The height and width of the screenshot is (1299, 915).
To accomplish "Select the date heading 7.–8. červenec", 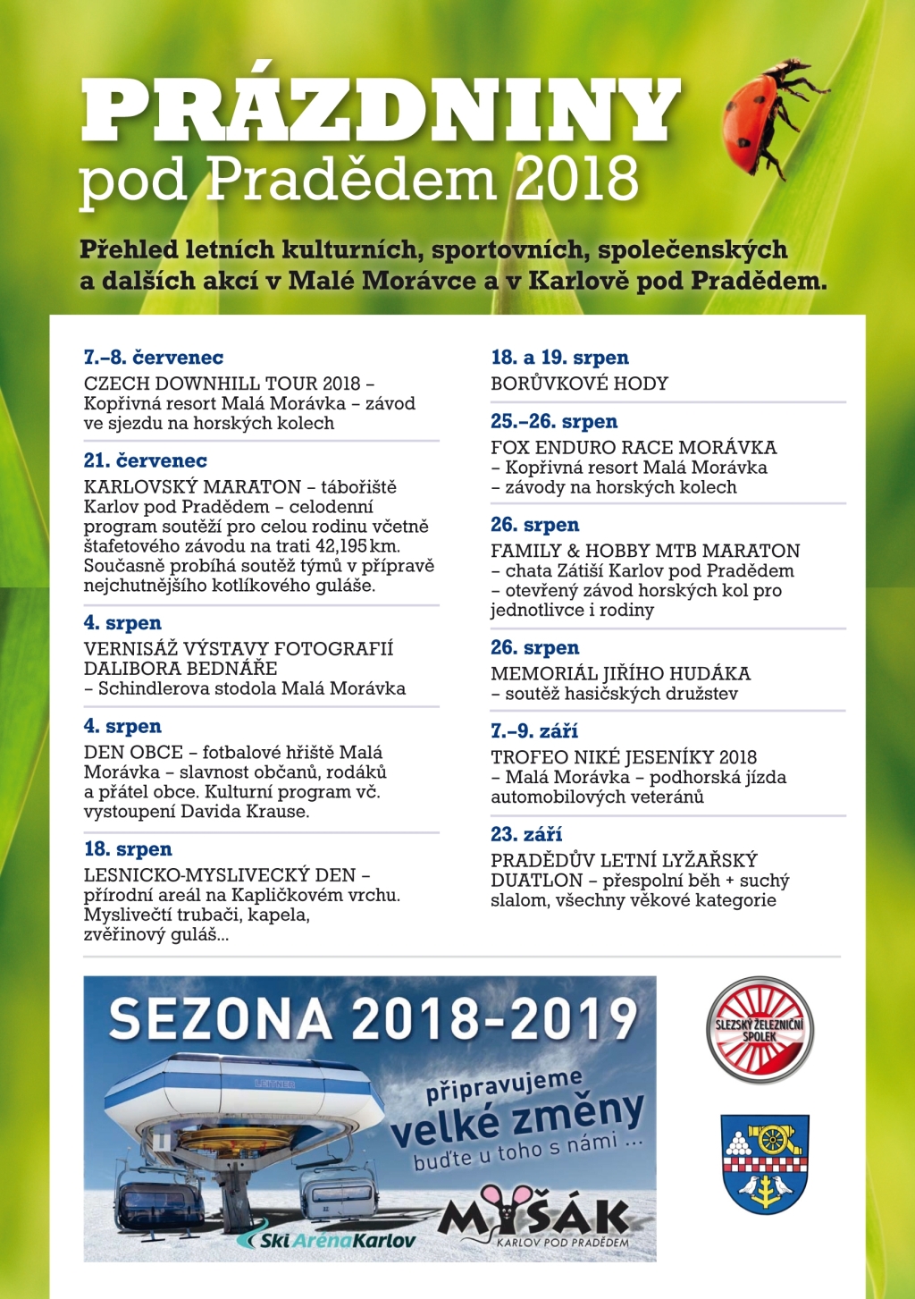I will [154, 358].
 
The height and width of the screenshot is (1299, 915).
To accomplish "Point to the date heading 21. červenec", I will [146, 461].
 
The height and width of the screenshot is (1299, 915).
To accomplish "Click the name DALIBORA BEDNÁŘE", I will [180, 669].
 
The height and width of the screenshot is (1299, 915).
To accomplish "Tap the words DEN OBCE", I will [133, 753].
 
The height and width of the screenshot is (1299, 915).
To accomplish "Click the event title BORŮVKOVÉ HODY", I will [579, 384].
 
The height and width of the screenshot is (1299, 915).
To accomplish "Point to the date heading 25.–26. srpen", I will [554, 422].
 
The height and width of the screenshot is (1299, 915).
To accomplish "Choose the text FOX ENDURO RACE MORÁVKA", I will [634, 448].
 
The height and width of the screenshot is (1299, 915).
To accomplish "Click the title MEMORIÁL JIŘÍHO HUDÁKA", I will [620, 674].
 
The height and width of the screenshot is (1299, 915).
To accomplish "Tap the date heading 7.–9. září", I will [534, 731].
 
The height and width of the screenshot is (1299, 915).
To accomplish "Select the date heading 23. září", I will [526, 835].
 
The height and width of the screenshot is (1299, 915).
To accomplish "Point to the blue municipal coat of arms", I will [765, 1163].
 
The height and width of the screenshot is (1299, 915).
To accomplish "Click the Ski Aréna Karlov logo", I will [328, 1240].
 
